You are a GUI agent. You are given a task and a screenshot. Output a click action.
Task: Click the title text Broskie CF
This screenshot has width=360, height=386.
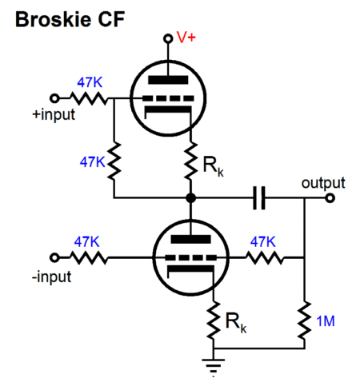click(x=70, y=19)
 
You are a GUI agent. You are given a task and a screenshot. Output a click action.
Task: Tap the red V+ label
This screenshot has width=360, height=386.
click(x=186, y=37)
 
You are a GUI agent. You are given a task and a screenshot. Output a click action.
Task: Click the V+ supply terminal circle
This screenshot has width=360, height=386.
click(x=168, y=38)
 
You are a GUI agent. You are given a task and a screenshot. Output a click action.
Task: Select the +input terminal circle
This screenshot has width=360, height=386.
click(x=54, y=98)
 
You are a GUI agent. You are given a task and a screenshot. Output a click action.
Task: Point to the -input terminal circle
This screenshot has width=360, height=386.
click(x=54, y=257)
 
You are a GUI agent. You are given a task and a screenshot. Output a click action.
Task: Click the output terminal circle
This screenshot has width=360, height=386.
click(x=330, y=198)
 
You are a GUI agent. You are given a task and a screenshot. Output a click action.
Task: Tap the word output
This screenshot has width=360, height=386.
click(x=323, y=183)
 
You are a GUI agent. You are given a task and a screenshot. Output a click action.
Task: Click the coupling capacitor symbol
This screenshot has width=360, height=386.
click(x=259, y=198)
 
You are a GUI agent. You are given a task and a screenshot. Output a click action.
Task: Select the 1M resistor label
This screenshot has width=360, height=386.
click(x=326, y=321)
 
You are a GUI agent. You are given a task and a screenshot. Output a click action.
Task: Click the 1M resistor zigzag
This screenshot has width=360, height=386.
click(x=304, y=320)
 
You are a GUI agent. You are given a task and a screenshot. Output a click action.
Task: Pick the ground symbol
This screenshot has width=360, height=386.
click(x=214, y=368)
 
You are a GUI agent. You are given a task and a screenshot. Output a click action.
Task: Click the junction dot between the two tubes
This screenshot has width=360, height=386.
click(x=190, y=198)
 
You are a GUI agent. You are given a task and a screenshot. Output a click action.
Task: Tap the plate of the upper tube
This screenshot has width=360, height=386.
click(x=168, y=80)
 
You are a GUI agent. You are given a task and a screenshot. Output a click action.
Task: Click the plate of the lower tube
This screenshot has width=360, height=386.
click(x=190, y=239)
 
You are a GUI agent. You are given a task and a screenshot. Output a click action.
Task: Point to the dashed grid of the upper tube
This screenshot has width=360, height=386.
click(x=168, y=98)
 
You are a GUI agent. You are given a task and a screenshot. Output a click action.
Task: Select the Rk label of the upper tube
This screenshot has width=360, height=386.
click(x=213, y=166)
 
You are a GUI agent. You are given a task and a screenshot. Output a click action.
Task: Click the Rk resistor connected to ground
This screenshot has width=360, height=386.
click(x=214, y=320)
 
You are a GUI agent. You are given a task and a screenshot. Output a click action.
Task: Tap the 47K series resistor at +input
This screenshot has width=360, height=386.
click(x=89, y=98)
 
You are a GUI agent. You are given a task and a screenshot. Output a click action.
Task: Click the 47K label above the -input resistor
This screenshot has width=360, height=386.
click(x=86, y=242)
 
